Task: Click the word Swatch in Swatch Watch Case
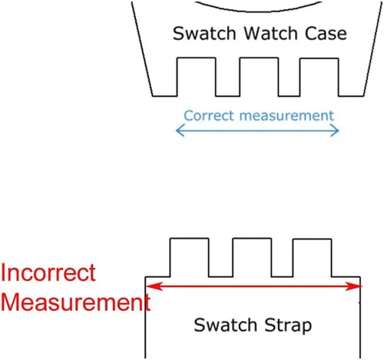tap(204, 33)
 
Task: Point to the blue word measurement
tap(286, 116)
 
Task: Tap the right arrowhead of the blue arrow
tap(335, 130)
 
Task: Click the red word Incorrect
tap(48, 272)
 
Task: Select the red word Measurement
tap(75, 302)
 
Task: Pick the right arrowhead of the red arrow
tap(353, 286)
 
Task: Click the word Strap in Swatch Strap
tap(288, 325)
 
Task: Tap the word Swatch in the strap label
tap(225, 325)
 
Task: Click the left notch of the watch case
tap(197, 77)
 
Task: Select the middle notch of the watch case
tap(259, 77)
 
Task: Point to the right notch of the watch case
tap(319, 78)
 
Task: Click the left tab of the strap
tap(190, 258)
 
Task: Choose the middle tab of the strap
tap(252, 258)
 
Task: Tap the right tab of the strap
tap(313, 258)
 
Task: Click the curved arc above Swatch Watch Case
tap(259, 12)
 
